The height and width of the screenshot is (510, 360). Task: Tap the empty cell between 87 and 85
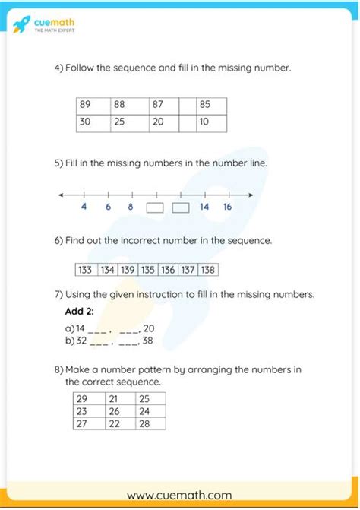[x=187, y=106]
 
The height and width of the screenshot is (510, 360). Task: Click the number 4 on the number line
[x=83, y=207]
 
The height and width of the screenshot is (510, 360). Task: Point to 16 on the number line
[x=227, y=207]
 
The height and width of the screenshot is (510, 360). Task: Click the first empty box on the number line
[x=155, y=207]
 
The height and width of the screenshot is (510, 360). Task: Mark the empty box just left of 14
[x=180, y=207]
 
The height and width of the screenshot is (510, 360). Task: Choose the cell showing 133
[x=85, y=270]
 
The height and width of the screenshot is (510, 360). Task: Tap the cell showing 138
[x=208, y=270]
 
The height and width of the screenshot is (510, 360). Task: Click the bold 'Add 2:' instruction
[x=80, y=312]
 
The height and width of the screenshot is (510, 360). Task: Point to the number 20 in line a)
[x=149, y=328]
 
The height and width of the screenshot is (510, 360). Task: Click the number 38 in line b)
[x=148, y=341]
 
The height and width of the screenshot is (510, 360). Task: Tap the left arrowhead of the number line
[x=61, y=196]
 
